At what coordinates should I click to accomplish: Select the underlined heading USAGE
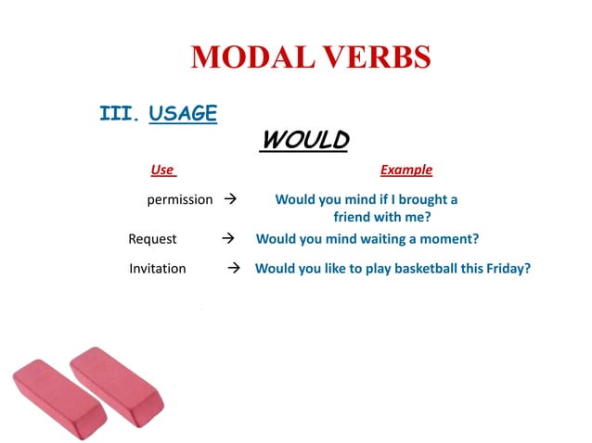[183, 114]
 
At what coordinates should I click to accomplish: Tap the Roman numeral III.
[118, 115]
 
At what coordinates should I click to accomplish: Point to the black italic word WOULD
[305, 140]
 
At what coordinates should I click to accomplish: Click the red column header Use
[162, 170]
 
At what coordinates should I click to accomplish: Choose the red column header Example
[405, 170]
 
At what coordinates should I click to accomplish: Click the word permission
[180, 199]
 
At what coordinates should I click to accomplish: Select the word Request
[152, 238]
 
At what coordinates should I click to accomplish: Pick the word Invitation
[158, 268]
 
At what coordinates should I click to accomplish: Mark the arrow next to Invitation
[235, 268]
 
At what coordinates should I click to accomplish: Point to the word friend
[354, 218]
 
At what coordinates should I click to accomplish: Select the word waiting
[379, 238]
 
